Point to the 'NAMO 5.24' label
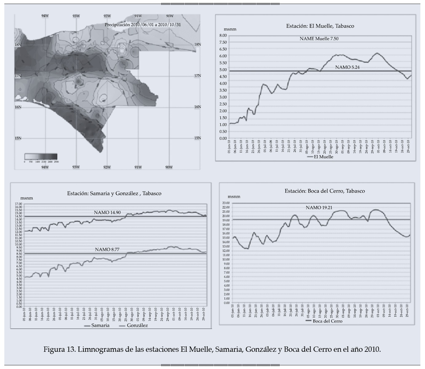(347, 67)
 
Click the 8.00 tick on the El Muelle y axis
(223, 35)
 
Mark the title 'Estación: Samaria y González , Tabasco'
(114, 194)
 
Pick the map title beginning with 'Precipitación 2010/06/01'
(142, 25)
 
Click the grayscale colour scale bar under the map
(41, 156)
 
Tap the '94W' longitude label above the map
(45, 16)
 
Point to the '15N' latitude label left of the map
(18, 138)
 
